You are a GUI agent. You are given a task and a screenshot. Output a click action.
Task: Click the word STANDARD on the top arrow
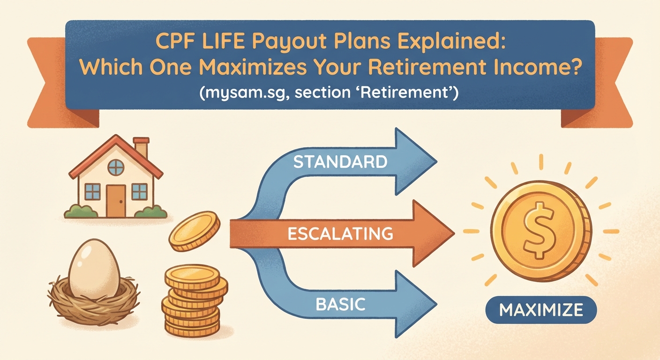340,162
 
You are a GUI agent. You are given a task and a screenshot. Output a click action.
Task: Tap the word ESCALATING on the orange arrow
340,233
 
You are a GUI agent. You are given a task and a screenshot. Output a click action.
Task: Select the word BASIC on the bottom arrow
340,304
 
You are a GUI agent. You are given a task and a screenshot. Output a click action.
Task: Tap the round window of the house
116,167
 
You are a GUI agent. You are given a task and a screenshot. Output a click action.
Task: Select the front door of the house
115,201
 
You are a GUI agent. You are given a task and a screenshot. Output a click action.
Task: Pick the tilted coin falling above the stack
195,231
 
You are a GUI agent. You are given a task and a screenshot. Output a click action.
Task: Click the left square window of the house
92,191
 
